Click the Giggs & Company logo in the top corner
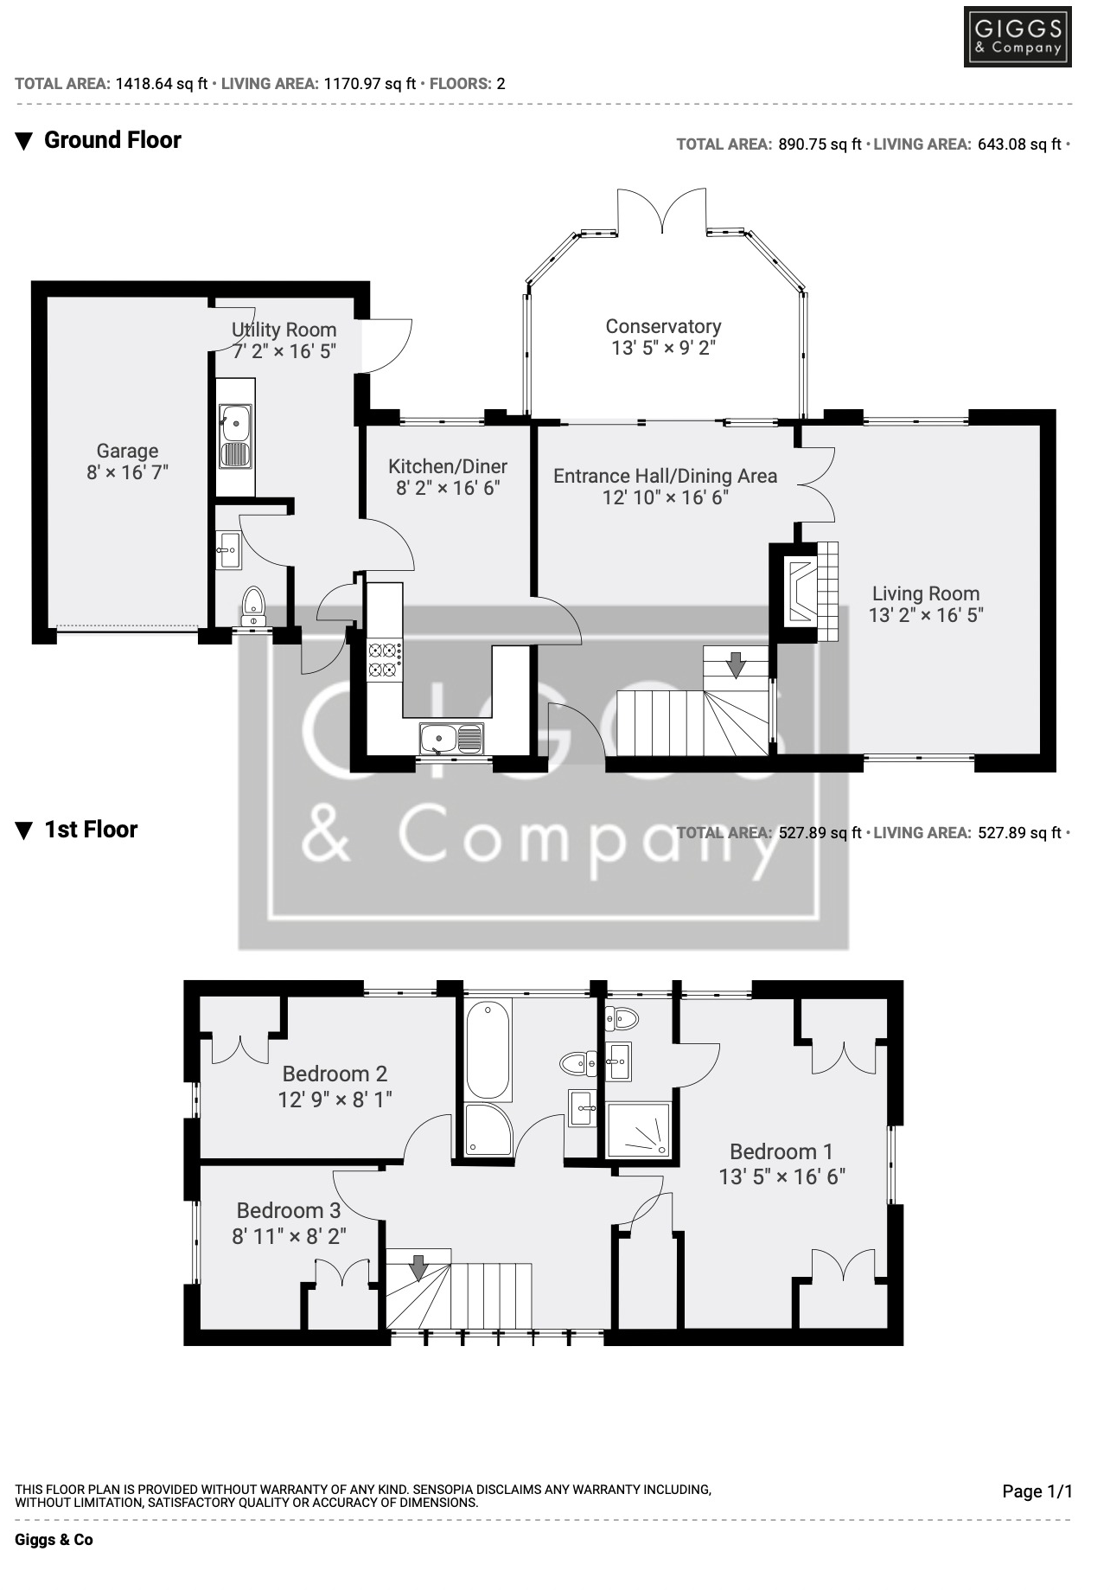point(1017,37)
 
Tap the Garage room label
point(127,451)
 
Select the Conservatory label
point(663,326)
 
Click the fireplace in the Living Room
point(800,592)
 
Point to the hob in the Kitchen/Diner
point(385,659)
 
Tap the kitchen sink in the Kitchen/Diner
point(451,739)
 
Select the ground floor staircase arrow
point(736,664)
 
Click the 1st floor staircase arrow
point(418,1267)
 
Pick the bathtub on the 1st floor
point(488,1050)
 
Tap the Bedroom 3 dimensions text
point(289,1236)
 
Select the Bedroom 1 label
point(781,1151)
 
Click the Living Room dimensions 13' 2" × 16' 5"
point(926,615)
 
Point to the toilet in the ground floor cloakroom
point(253,604)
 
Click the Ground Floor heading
point(112,140)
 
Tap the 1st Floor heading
point(91,830)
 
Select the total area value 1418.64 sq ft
point(162,84)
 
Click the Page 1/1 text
point(1037,1491)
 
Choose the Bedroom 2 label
point(335,1074)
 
